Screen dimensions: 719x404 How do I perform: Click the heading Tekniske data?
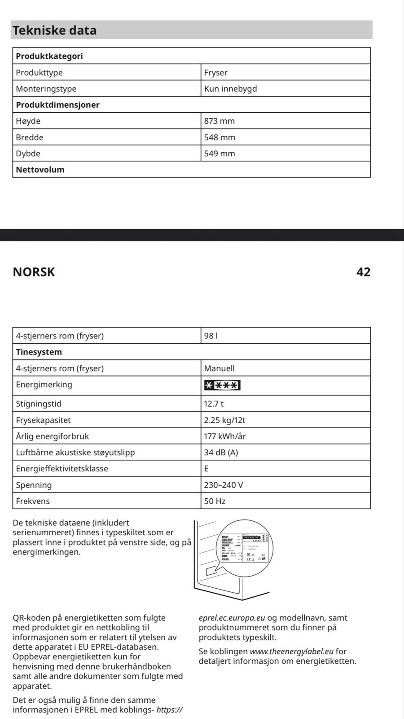coord(54,30)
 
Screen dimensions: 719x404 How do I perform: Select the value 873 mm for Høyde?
coord(220,121)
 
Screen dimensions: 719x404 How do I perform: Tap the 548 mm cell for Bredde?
coord(220,137)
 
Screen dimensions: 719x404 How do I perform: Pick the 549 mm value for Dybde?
coord(220,153)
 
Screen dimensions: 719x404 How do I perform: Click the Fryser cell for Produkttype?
coord(216,72)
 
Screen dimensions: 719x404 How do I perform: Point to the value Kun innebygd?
coord(230,89)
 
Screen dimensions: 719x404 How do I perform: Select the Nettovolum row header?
coord(40,169)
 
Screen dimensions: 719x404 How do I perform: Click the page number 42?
coord(363,272)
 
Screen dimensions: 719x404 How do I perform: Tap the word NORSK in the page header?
coord(34,272)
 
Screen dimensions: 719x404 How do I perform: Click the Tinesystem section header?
coord(39,352)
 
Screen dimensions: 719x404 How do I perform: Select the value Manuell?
coord(219,368)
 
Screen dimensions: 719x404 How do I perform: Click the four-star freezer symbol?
coord(222,385)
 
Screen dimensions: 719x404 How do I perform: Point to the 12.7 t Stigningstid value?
coord(214,404)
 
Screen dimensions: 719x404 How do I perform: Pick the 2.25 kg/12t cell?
coord(224,420)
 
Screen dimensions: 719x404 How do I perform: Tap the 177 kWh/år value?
coord(224,436)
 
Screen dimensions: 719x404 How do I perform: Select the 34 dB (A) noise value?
coord(221,453)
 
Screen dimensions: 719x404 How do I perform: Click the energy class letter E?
coord(206,469)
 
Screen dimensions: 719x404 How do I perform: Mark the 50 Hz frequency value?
coord(215,501)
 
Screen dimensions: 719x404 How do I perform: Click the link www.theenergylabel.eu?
coord(292,651)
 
